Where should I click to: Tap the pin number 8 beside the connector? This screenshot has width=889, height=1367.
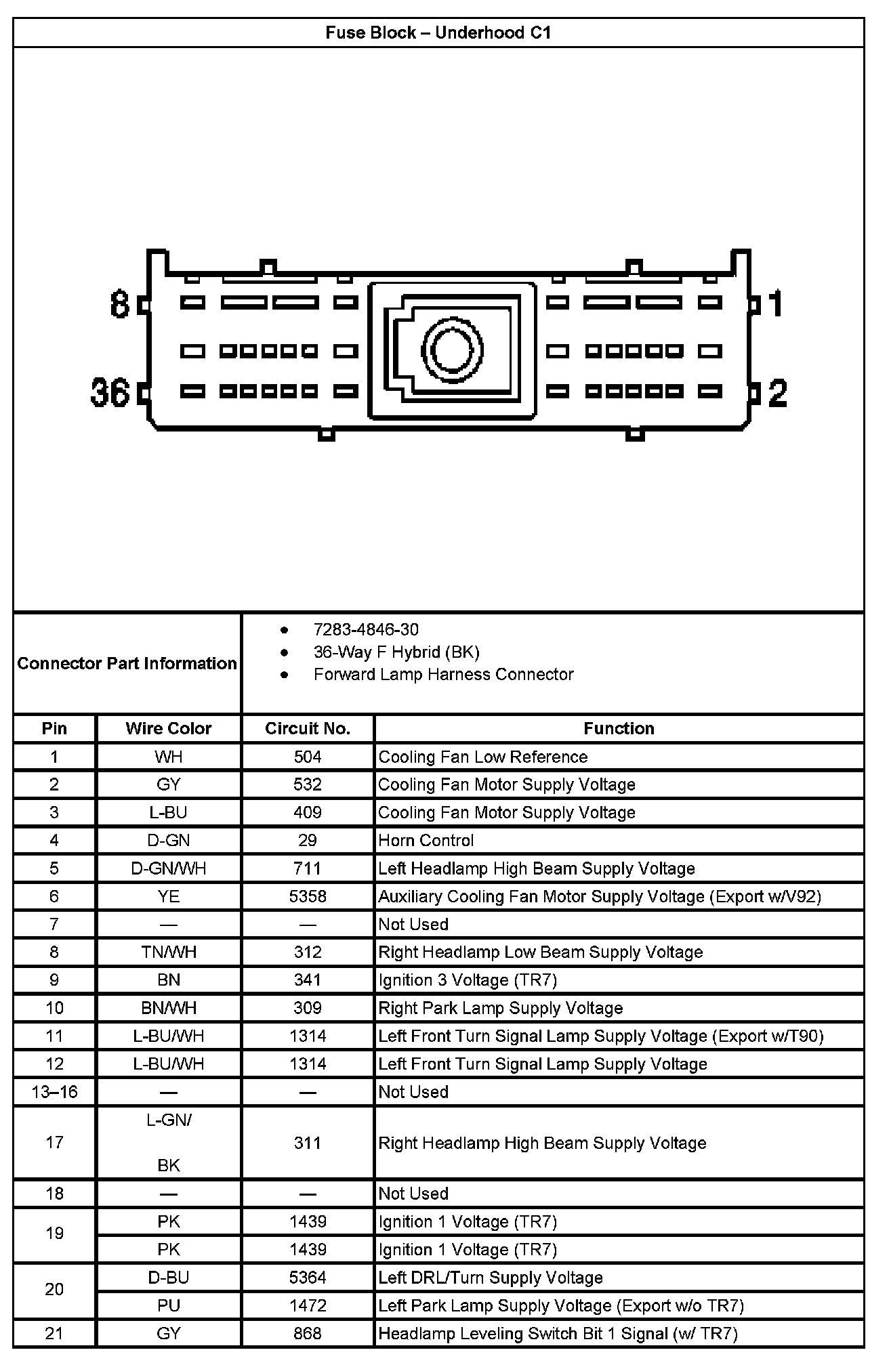pos(120,304)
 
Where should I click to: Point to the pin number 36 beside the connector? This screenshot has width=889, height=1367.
pos(110,393)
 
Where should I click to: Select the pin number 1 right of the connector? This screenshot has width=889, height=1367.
pos(776,303)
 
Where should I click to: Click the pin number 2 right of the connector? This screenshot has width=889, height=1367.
pos(777,393)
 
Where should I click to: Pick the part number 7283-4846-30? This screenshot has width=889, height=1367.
pos(366,629)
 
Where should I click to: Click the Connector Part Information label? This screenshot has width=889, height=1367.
pos(127,663)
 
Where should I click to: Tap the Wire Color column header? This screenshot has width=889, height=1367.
pos(168,728)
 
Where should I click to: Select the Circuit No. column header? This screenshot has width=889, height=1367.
pos(307,728)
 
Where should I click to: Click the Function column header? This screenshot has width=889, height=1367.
pos(619,728)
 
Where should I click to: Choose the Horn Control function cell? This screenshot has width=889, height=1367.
pos(426,841)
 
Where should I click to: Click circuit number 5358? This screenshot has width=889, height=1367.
pos(307,896)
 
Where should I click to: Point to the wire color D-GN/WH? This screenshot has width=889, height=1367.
pos(168,868)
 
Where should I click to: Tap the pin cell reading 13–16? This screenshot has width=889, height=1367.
pos(54,1092)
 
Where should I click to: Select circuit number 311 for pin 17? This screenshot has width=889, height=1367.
pos(307,1143)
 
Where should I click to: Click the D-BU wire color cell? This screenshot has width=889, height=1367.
pos(168,1278)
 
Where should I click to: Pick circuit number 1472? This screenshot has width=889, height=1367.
pos(307,1305)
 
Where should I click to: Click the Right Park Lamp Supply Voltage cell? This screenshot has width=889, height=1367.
pos(500,1008)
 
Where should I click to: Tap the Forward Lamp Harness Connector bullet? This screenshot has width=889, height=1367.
pos(443,674)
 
